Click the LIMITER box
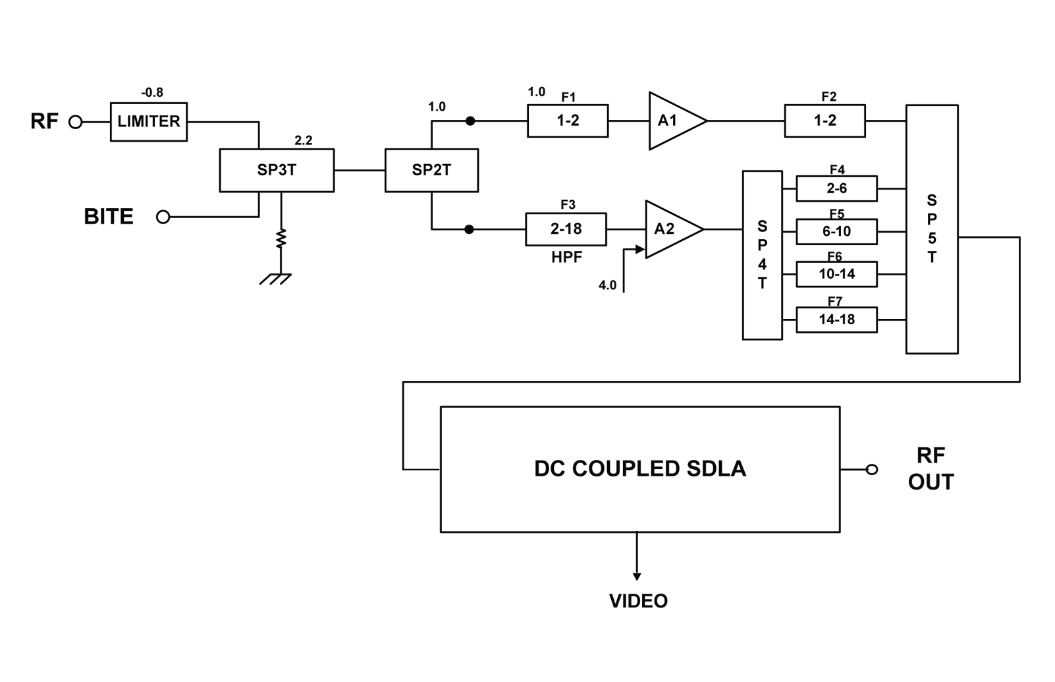coord(149,122)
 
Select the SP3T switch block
coord(277,171)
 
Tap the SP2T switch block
coord(431,171)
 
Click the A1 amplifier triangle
coord(672,121)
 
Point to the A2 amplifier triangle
coord(668,229)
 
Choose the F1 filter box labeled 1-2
coord(568,121)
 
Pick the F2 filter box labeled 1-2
coord(825,121)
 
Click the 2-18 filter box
coord(566,229)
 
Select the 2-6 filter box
coord(836,188)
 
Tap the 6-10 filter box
coord(836,231)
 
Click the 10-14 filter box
coord(836,274)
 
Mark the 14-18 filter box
coord(836,320)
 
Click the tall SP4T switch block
coord(762,255)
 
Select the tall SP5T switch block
coord(932,229)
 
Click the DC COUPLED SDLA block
coord(639,469)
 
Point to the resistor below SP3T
coord(281,239)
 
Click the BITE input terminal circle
coord(163,217)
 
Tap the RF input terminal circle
coord(76,122)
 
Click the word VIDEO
coord(638,601)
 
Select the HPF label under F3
coord(566,257)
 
